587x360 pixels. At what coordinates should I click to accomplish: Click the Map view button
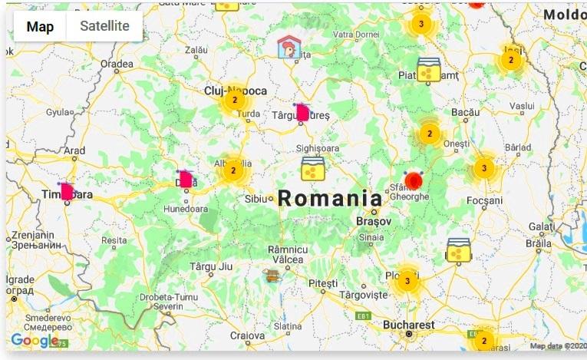tap(40, 27)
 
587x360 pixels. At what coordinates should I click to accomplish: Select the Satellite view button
tap(105, 27)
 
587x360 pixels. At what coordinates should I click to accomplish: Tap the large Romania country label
tap(329, 198)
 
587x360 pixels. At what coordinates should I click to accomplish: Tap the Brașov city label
tap(374, 220)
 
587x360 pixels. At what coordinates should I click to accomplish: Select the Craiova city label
tap(247, 335)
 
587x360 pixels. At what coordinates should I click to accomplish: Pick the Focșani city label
tap(485, 201)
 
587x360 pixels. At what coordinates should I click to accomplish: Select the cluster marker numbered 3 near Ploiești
tap(407, 281)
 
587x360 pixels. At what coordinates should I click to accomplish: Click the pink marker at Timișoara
tap(67, 191)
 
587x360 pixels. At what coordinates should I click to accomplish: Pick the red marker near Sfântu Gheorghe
tap(414, 180)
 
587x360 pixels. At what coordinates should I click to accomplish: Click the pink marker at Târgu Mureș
tap(302, 113)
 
